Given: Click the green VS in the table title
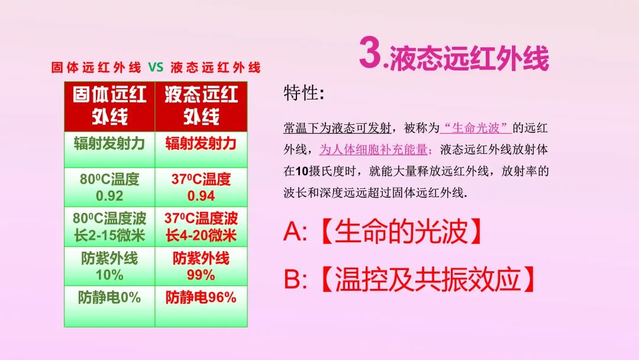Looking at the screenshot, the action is (x=156, y=67).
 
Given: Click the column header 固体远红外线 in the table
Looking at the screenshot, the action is (x=109, y=105).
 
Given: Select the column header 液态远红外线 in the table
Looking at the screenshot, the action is (x=201, y=105).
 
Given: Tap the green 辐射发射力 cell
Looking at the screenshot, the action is (x=109, y=143).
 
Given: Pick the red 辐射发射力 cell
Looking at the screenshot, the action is (x=201, y=143).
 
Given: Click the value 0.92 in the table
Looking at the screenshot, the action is (x=109, y=196).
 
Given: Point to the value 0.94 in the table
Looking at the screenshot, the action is (x=201, y=196).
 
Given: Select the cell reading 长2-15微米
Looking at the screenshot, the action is (x=109, y=236).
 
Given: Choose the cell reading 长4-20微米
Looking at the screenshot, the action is (x=201, y=236).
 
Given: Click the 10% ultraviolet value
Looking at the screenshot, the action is (x=109, y=275).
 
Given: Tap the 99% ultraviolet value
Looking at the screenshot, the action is (x=201, y=275).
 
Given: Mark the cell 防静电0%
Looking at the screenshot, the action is (x=109, y=298).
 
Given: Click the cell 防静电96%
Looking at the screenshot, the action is (x=201, y=298).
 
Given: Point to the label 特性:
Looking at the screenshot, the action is (x=304, y=93).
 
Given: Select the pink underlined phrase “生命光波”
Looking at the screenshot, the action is (x=476, y=128).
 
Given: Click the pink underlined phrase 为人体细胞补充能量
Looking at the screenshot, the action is (x=374, y=150).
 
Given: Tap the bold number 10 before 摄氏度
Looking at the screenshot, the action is (x=302, y=171).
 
